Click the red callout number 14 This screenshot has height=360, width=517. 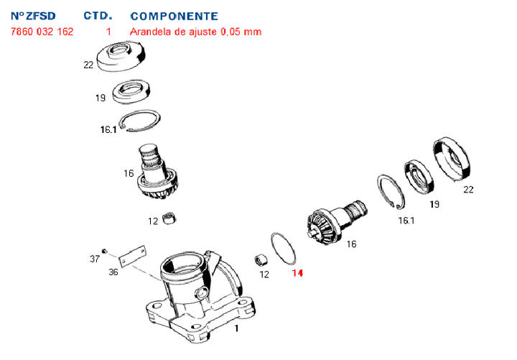click(x=297, y=273)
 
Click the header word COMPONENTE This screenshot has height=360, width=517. click(x=174, y=16)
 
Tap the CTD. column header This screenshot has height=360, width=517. click(x=98, y=16)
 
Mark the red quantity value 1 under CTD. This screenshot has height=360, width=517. click(x=108, y=32)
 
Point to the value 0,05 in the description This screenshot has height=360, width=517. click(x=231, y=32)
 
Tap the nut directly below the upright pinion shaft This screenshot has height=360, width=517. click(x=170, y=218)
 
